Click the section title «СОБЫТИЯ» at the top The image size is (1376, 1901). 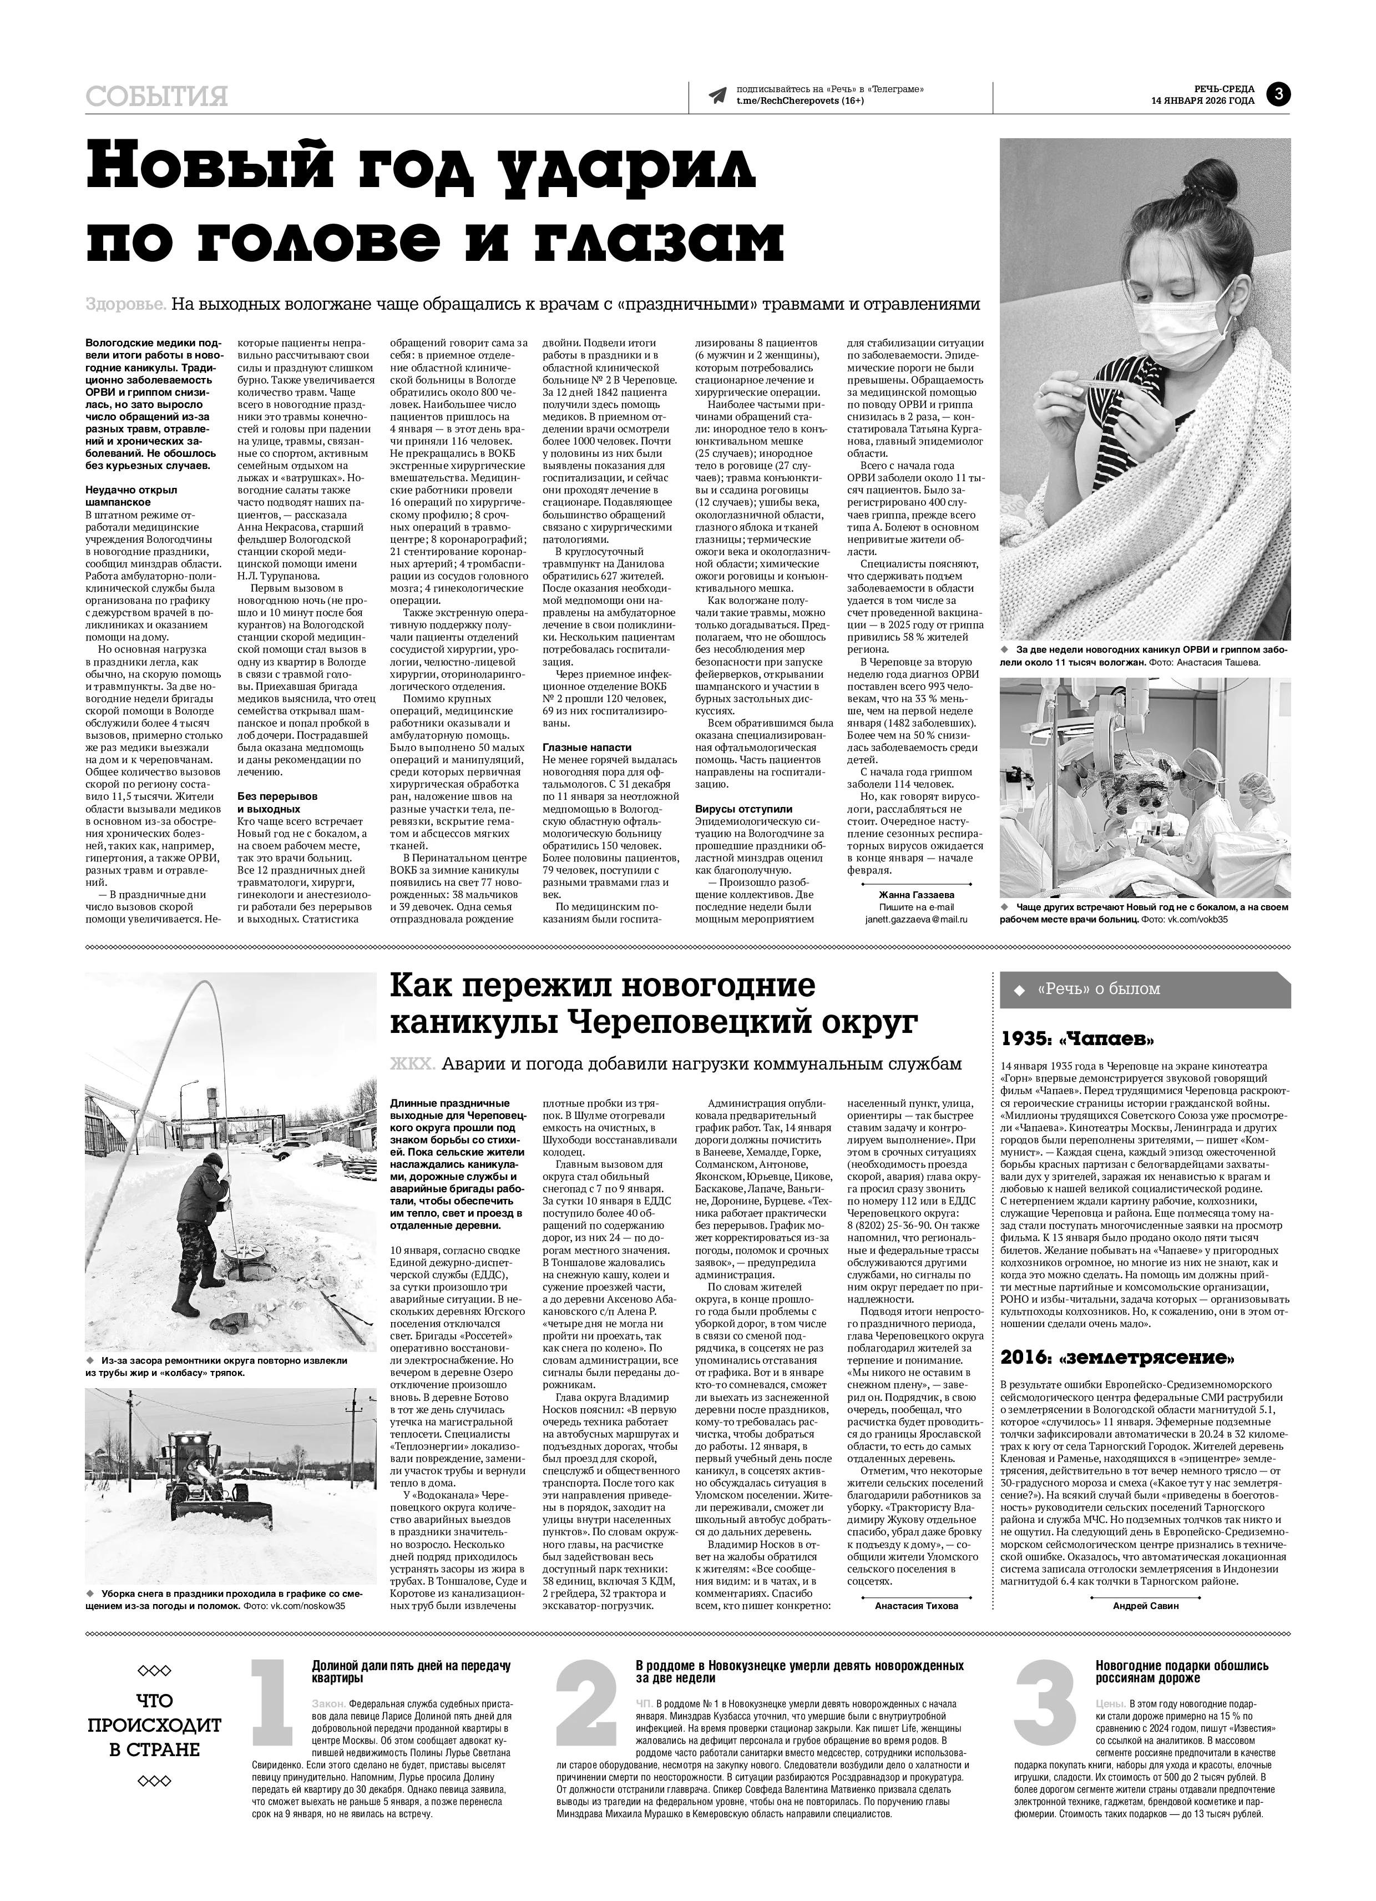(156, 97)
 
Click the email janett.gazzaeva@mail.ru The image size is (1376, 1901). (916, 920)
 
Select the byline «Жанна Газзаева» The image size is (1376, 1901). (916, 894)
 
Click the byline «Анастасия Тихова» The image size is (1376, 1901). (916, 1607)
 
